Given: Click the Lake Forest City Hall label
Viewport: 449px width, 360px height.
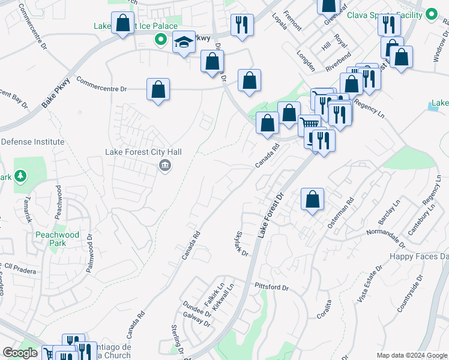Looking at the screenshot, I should coord(143,152).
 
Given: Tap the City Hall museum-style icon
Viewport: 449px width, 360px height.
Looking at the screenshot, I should coord(164,166).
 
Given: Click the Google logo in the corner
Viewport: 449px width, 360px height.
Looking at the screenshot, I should coord(20,353).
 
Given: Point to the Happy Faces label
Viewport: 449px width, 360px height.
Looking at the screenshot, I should coord(419,256).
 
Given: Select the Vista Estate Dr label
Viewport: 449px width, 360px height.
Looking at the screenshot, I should coord(371,284).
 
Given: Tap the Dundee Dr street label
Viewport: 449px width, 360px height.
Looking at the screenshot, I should coord(197,313).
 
